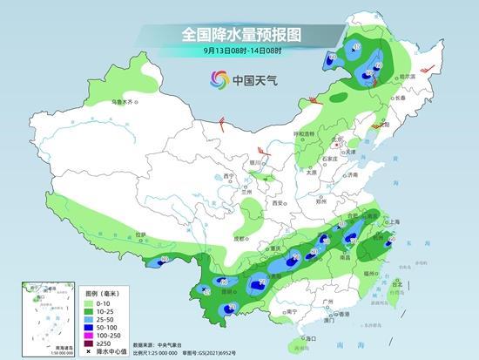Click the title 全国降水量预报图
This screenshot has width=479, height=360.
(x=239, y=34)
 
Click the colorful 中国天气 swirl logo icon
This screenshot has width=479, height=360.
(x=216, y=81)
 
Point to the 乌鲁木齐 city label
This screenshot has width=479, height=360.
(x=123, y=102)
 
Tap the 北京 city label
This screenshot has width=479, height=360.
(x=327, y=139)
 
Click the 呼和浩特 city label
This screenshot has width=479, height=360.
(x=303, y=134)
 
